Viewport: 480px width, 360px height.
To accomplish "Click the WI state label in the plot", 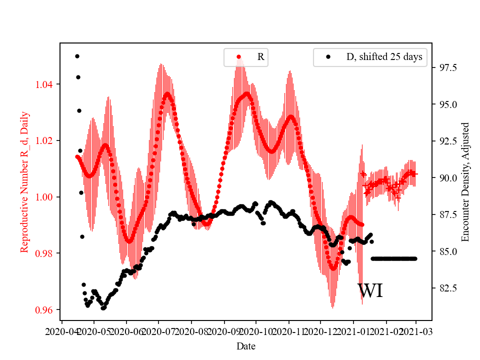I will click(370, 291).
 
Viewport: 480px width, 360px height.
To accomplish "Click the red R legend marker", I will click(239, 57).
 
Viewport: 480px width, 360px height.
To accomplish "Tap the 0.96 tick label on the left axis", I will click(46, 310).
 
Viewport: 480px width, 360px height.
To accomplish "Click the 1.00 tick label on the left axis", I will click(46, 197).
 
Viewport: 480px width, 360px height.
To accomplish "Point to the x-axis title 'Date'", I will click(246, 345).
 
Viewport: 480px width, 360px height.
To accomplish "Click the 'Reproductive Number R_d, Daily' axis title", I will click(24, 182).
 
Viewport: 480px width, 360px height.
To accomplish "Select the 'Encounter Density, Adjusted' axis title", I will click(465, 182).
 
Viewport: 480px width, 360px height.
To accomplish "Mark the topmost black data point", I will click(77, 56).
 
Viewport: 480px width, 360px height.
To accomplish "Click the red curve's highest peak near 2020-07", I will click(167, 93).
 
